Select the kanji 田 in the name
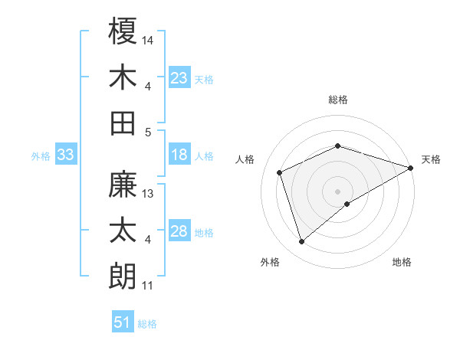[x=123, y=123]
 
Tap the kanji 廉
[x=123, y=185]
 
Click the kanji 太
[x=123, y=231]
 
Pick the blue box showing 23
[x=179, y=77]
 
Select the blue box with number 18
[x=179, y=155]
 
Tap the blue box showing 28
[x=179, y=232]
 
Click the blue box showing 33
[x=65, y=155]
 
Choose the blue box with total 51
[x=123, y=322]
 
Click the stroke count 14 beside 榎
[x=149, y=39]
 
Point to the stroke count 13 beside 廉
[x=149, y=194]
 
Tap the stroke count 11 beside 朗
[x=148, y=286]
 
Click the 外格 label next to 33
[x=41, y=156]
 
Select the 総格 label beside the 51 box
[x=147, y=324]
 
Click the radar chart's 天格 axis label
[x=431, y=159]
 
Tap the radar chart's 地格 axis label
[x=402, y=263]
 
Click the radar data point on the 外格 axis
[x=301, y=242]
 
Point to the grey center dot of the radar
[x=337, y=191]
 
